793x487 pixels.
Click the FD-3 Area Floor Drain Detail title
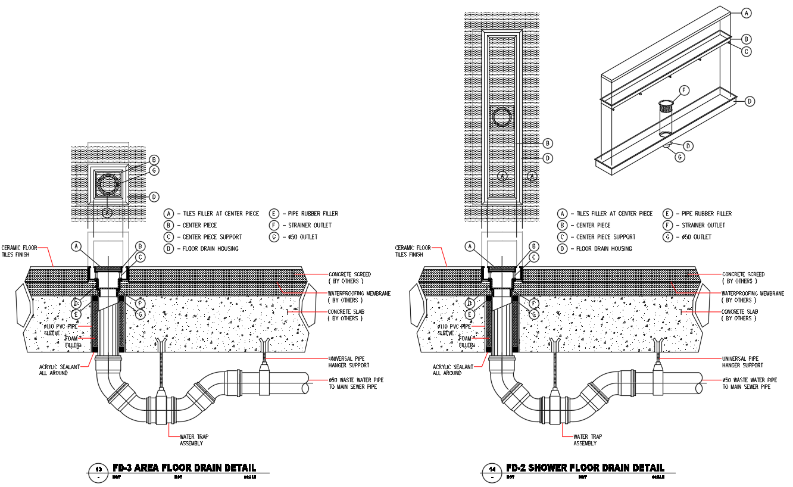(184, 468)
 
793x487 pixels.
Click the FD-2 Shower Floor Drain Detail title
(585, 468)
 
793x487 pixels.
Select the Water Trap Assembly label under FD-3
(194, 440)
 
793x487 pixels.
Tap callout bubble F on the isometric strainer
(683, 90)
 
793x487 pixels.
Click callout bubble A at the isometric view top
(746, 12)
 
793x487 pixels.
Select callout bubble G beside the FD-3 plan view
(154, 171)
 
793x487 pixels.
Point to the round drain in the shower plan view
(501, 117)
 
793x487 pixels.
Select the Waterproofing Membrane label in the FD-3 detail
(359, 296)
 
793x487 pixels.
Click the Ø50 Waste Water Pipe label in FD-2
(750, 383)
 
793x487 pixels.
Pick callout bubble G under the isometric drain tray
(679, 157)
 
